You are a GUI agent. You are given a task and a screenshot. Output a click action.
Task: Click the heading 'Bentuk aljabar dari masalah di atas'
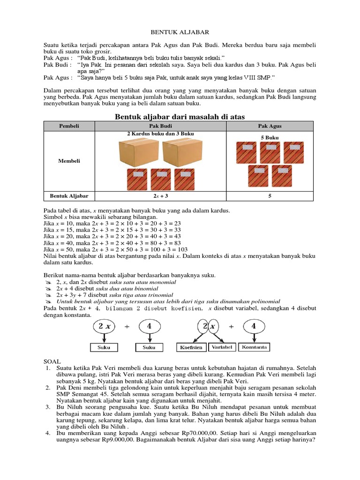(x=180, y=116)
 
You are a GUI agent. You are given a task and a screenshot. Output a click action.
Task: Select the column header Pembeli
(x=69, y=126)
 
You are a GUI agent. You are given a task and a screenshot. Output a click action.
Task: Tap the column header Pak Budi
(x=161, y=126)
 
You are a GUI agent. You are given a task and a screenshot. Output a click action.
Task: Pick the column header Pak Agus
(x=270, y=126)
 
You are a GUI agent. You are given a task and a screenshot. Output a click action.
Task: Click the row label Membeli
(x=69, y=161)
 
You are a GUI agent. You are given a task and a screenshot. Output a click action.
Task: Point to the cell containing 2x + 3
(x=161, y=196)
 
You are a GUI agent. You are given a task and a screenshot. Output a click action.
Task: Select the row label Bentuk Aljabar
(x=69, y=196)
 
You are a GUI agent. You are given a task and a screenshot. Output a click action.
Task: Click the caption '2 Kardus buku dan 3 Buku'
(x=161, y=134)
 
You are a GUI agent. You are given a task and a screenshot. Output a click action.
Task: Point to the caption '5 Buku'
(x=270, y=137)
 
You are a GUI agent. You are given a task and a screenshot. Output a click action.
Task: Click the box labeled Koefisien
(x=191, y=347)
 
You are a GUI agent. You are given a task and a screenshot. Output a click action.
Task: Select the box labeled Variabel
(x=223, y=347)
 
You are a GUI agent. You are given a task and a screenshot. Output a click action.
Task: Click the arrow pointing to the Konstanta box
(x=254, y=337)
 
